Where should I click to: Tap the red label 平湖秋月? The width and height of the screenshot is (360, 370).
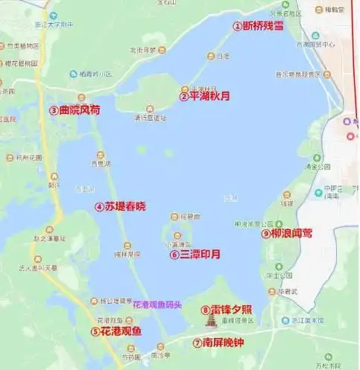[205, 96]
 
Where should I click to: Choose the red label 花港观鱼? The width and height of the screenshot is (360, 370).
[121, 331]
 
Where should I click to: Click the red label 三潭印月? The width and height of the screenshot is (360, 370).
[200, 255]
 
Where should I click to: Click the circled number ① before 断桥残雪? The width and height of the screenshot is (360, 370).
[238, 25]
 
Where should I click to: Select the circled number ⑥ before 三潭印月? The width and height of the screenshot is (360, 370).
[174, 255]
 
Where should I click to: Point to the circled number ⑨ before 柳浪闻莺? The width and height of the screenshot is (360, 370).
[265, 233]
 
